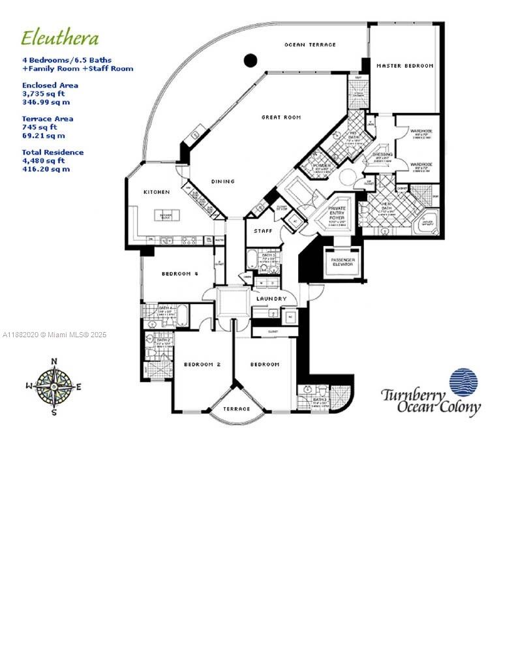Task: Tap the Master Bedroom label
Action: click(404, 66)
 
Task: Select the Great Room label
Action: click(281, 117)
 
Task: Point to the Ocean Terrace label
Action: click(311, 44)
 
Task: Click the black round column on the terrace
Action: click(250, 61)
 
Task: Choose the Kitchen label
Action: click(157, 192)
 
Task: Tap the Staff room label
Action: click(262, 231)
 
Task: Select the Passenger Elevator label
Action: click(342, 262)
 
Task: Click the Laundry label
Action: click(271, 299)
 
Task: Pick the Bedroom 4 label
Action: click(179, 274)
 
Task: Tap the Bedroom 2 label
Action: click(202, 364)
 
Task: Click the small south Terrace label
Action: click(237, 409)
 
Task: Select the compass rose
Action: click(54, 386)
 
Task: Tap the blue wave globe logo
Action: click(463, 382)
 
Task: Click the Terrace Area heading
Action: click(48, 119)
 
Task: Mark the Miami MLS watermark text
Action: click(54, 335)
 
